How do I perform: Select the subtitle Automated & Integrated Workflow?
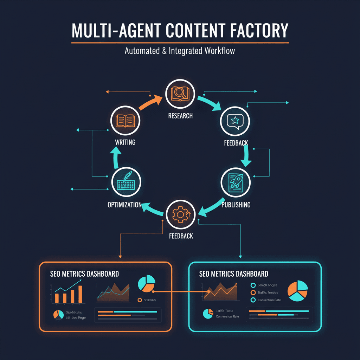[x=180, y=51]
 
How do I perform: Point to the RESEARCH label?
[x=180, y=116]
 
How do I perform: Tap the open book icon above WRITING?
[x=125, y=121]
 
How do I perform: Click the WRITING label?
[x=125, y=143]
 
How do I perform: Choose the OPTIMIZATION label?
[x=124, y=205]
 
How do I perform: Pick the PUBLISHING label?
[x=236, y=205]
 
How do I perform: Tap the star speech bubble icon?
[x=235, y=121]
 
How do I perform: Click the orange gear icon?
[x=180, y=215]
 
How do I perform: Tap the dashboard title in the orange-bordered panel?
[x=84, y=274]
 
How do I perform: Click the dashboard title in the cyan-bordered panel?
[x=233, y=274]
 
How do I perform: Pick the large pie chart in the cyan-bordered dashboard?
[x=297, y=290]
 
